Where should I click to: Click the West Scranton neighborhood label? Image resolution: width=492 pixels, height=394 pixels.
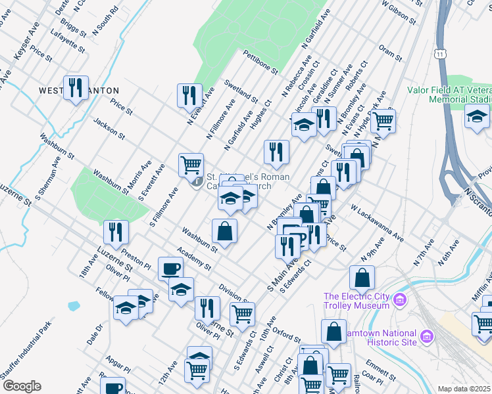[79, 90]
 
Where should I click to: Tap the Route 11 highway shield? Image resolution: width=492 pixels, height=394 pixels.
[439, 52]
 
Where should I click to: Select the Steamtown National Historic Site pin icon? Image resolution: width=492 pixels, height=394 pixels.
[427, 337]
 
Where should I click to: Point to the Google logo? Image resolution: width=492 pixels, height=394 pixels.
[22, 385]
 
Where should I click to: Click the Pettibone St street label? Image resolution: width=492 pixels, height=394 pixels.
[260, 62]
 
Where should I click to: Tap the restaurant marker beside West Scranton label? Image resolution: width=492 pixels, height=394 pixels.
[76, 87]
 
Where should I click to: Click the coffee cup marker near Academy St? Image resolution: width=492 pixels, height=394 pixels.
[171, 269]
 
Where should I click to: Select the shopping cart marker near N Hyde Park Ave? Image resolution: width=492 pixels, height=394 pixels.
[383, 120]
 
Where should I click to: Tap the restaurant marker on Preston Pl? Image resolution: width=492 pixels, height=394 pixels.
[116, 231]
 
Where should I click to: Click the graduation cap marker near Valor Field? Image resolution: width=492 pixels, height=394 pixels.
[478, 117]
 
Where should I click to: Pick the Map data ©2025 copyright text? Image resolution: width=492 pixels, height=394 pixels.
[464, 389]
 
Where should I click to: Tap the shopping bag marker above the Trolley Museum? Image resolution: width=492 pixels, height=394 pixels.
[362, 277]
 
